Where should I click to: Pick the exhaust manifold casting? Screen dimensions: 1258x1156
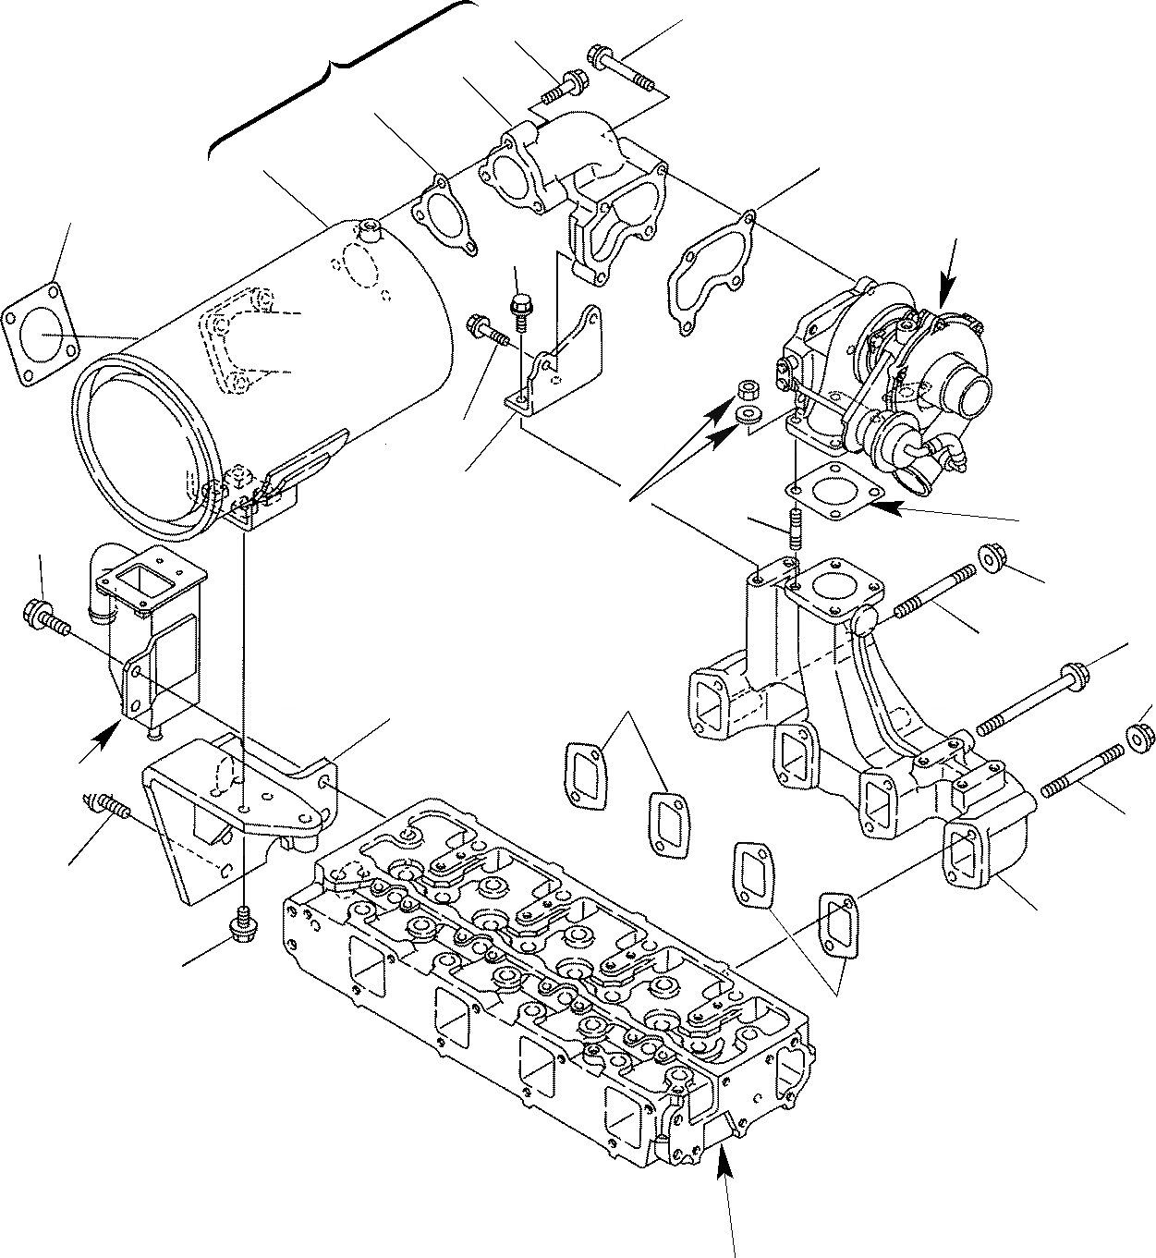pos(850,721)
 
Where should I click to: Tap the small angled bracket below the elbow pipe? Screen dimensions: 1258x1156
pos(554,365)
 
